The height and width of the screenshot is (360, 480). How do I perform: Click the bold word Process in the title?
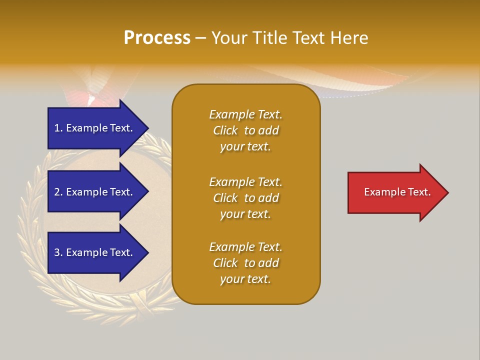click(x=157, y=38)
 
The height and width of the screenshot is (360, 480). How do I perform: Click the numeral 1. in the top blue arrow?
click(x=58, y=128)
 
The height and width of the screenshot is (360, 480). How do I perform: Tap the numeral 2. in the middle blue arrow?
click(x=58, y=192)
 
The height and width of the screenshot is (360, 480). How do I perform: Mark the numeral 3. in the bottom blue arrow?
click(x=58, y=252)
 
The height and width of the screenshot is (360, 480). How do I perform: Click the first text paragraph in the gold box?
click(x=245, y=130)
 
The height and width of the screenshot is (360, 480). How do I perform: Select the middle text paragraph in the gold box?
click(x=245, y=198)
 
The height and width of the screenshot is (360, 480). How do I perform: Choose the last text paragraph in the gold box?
click(x=245, y=263)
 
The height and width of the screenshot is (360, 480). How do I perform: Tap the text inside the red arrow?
click(x=397, y=192)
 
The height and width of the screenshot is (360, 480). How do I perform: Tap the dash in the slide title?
click(x=201, y=38)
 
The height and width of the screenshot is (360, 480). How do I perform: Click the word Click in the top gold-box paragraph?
click(x=225, y=130)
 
